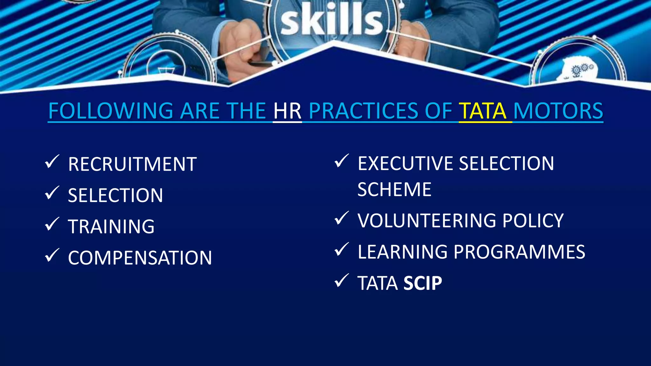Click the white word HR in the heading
click(287, 111)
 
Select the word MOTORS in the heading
click(558, 111)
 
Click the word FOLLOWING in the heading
click(111, 111)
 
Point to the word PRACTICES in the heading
click(363, 111)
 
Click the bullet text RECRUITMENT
click(132, 165)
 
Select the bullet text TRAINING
click(111, 227)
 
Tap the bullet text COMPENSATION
click(140, 258)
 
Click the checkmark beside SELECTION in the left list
click(52, 193)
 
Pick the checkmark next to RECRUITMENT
click(52, 162)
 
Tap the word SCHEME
click(394, 190)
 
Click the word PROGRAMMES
click(519, 252)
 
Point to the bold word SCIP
click(422, 283)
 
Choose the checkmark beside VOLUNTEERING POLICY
click(341, 218)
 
